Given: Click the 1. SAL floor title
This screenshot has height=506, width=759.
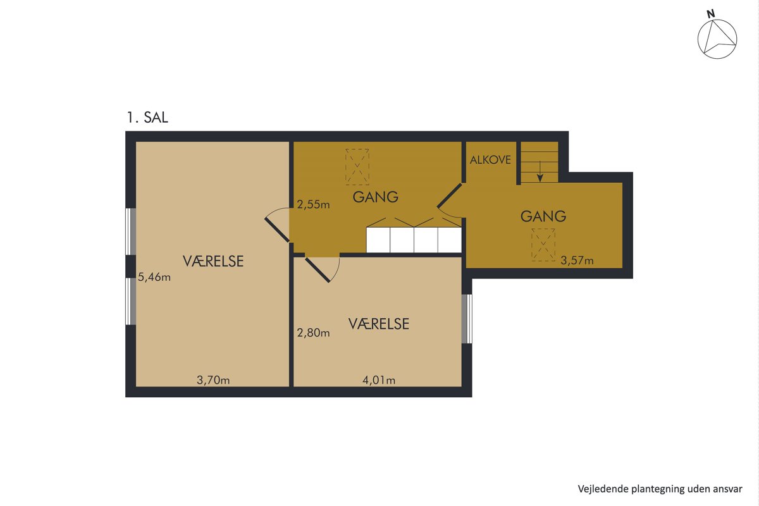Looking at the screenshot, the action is [147, 117].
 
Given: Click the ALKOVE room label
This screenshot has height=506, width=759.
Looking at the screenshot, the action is [490, 160].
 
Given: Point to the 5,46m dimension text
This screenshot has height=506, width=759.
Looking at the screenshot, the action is [154, 277].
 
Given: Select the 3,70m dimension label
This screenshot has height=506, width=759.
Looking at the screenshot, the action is [213, 380].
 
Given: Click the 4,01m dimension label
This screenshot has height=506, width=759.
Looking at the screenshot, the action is [379, 380].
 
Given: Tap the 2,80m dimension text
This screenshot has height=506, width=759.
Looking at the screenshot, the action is [314, 333].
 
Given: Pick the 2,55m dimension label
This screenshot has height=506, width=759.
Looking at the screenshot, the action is [314, 204].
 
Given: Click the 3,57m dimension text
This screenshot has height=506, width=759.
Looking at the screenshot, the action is [577, 261].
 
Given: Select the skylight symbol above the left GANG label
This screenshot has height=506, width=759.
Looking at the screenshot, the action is [357, 167].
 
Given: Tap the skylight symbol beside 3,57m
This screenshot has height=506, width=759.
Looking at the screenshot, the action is [543, 245].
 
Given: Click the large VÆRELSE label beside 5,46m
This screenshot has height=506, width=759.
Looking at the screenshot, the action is [213, 261].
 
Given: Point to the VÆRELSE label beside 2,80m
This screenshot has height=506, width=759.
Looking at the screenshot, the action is [379, 324].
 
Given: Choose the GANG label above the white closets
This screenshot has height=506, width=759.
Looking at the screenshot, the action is [376, 197].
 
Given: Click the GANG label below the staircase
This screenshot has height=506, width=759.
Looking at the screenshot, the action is [543, 216].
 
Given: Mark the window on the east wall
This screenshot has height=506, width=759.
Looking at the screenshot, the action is [467, 319].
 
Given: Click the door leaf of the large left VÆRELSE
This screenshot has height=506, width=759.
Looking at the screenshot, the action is [277, 230].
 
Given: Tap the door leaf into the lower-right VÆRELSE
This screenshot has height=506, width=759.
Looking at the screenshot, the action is [318, 270].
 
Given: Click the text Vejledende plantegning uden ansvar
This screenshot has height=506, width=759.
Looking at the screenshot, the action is [660, 489].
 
